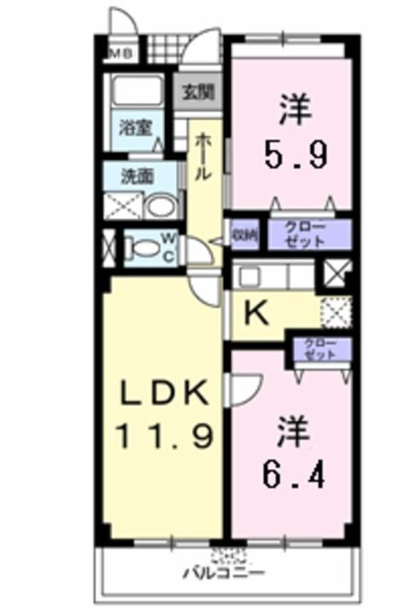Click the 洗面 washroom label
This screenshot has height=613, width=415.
[135, 179]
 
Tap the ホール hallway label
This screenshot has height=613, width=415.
[205, 158]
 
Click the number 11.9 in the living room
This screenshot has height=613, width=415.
[164, 436]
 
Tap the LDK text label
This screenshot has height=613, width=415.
[164, 393]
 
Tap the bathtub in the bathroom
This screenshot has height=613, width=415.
[138, 92]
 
